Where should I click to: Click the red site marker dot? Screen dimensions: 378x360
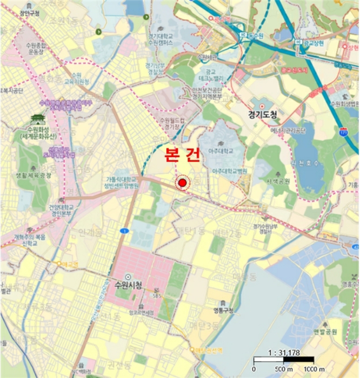[x=183, y=184]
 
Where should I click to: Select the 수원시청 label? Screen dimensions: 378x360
[x=125, y=285]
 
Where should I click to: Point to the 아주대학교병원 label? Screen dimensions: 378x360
[x=230, y=171]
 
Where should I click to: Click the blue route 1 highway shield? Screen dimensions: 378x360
[x=125, y=231]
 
